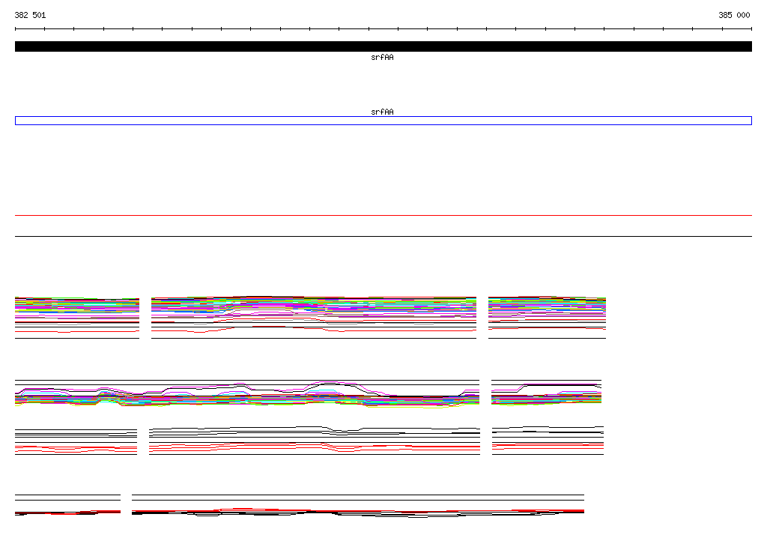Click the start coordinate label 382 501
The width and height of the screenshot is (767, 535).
click(30, 15)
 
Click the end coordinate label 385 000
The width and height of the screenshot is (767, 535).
click(734, 15)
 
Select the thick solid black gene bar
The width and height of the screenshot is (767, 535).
click(383, 46)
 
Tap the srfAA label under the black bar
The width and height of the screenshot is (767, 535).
click(382, 57)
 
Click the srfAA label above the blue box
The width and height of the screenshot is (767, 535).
click(382, 112)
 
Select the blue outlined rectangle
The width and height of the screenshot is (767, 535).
click(383, 117)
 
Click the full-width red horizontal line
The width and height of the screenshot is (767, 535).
click(383, 215)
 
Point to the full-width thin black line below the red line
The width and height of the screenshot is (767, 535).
click(383, 237)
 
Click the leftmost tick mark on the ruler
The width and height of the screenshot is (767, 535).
click(15, 29)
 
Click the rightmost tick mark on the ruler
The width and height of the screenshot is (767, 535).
click(751, 29)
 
